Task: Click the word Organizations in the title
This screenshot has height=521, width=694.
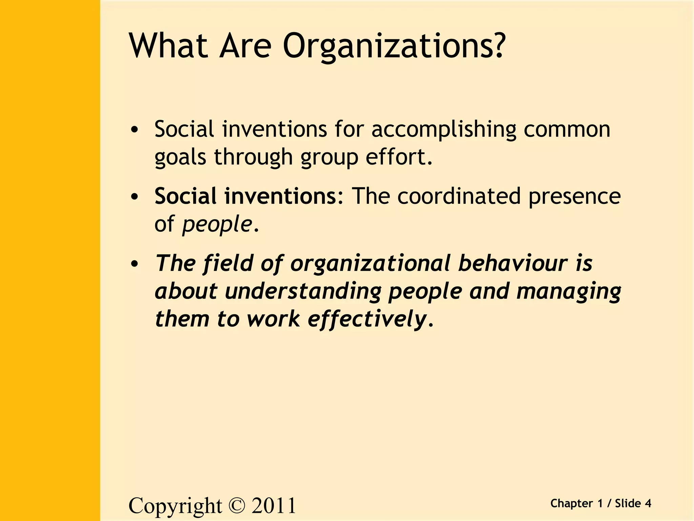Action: (x=394, y=47)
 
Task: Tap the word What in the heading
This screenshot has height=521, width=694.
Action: (x=168, y=46)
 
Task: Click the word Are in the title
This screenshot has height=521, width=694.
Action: (x=245, y=46)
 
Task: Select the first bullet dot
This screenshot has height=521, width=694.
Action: (x=135, y=130)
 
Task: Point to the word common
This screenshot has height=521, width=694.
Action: (x=567, y=130)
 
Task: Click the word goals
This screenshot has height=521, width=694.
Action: (x=180, y=158)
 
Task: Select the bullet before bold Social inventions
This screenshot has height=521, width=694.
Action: (x=135, y=197)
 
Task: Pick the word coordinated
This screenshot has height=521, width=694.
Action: (x=459, y=196)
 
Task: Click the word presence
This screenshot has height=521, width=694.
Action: (x=574, y=197)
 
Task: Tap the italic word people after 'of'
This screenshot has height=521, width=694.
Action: (x=217, y=225)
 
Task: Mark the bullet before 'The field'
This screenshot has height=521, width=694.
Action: (x=135, y=264)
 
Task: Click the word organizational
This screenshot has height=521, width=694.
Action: (x=371, y=264)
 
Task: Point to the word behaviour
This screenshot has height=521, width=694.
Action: (x=513, y=263)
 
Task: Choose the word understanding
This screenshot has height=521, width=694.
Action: (x=303, y=291)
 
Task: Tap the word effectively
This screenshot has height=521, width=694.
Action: (x=367, y=320)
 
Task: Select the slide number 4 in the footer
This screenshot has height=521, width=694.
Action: (x=648, y=503)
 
